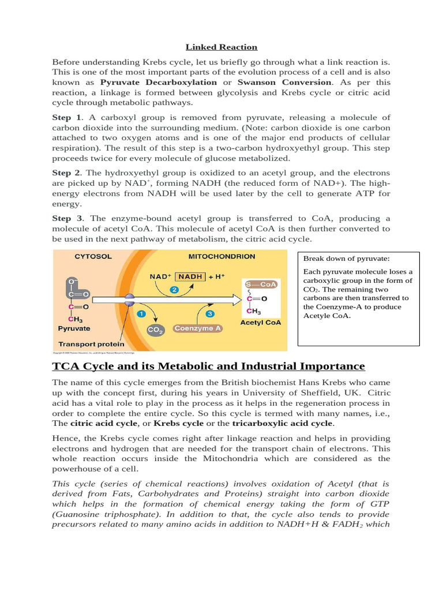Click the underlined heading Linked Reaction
pos(221,47)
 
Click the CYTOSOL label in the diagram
pos(93,256)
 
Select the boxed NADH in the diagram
pos(190,276)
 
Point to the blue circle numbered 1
pos(140,314)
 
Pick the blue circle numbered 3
pos(209,314)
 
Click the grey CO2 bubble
pos(155,330)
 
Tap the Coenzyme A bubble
pos(197,328)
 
